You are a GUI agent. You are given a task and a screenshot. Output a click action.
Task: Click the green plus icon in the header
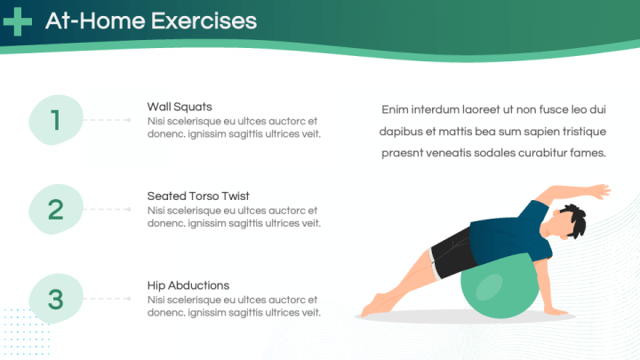pos(17,21)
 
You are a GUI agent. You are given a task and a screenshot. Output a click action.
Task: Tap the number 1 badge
pos(56,120)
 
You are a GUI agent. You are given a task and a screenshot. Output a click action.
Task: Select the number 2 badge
pos(56,210)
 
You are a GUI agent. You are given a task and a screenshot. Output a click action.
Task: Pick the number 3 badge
pos(56,299)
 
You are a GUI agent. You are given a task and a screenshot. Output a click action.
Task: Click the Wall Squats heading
pos(180,107)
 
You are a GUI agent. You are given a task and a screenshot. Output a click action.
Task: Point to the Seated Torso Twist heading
pos(198,196)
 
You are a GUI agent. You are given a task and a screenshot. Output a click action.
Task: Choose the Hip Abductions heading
pos(188,285)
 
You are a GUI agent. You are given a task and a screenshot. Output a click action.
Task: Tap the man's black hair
pos(574,219)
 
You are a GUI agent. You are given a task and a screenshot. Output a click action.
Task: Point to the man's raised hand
pos(599,191)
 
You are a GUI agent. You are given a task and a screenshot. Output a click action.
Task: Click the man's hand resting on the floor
pos(555,311)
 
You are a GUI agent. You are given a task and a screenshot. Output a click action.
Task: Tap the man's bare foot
pos(372,306)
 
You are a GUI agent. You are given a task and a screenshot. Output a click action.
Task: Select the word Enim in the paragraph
pos(395,109)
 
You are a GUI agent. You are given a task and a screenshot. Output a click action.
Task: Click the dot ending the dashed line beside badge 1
pos(129,120)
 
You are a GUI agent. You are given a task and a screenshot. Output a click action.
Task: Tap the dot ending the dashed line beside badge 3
pos(129,299)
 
